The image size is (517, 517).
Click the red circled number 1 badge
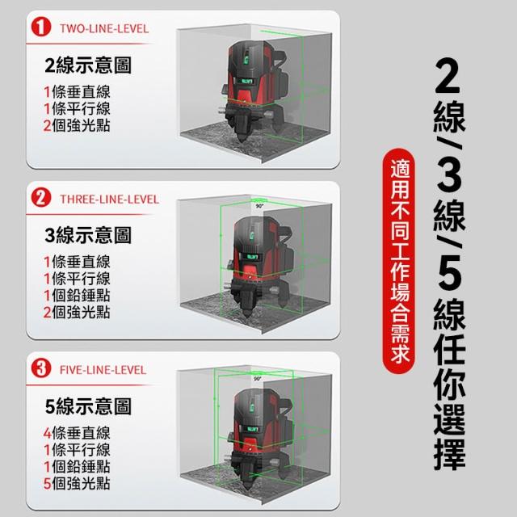tap(41, 27)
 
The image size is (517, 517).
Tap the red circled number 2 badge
tap(41, 197)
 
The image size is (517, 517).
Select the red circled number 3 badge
tap(41, 368)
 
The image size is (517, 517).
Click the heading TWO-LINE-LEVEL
tap(104, 29)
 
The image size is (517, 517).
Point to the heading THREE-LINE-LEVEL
tap(110, 200)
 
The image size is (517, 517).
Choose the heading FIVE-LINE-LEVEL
tap(103, 370)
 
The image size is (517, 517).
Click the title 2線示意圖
tap(88, 65)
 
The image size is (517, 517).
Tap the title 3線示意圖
tap(88, 235)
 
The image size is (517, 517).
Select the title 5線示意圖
tap(88, 406)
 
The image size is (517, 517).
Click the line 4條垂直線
tap(77, 433)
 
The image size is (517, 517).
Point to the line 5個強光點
tap(77, 483)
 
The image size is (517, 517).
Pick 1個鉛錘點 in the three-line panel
tap(77, 296)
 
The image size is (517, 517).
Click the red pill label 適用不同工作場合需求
tap(399, 261)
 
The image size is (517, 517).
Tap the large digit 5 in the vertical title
tap(449, 276)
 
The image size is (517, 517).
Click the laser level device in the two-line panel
tap(253, 90)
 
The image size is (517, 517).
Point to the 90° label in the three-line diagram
tap(260, 206)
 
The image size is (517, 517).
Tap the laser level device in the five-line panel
tap(258, 439)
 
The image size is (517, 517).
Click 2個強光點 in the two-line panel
tap(77, 126)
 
